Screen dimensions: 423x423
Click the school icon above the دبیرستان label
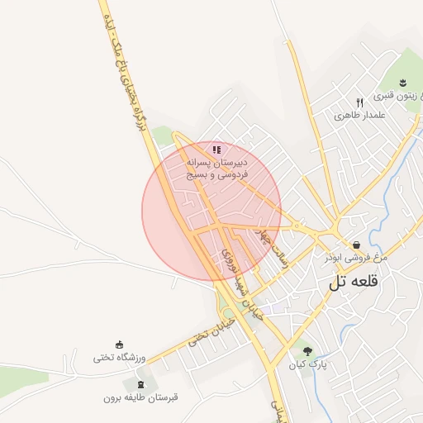coord(216,150)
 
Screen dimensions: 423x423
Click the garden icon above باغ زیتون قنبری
coord(402,82)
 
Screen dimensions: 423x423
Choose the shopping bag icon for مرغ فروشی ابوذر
coord(356,245)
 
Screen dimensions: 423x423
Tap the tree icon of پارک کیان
coord(307,351)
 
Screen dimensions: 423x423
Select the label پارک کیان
coord(307,364)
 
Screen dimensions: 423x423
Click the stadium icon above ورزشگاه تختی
coord(120,344)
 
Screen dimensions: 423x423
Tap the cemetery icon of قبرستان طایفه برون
coord(139,383)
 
